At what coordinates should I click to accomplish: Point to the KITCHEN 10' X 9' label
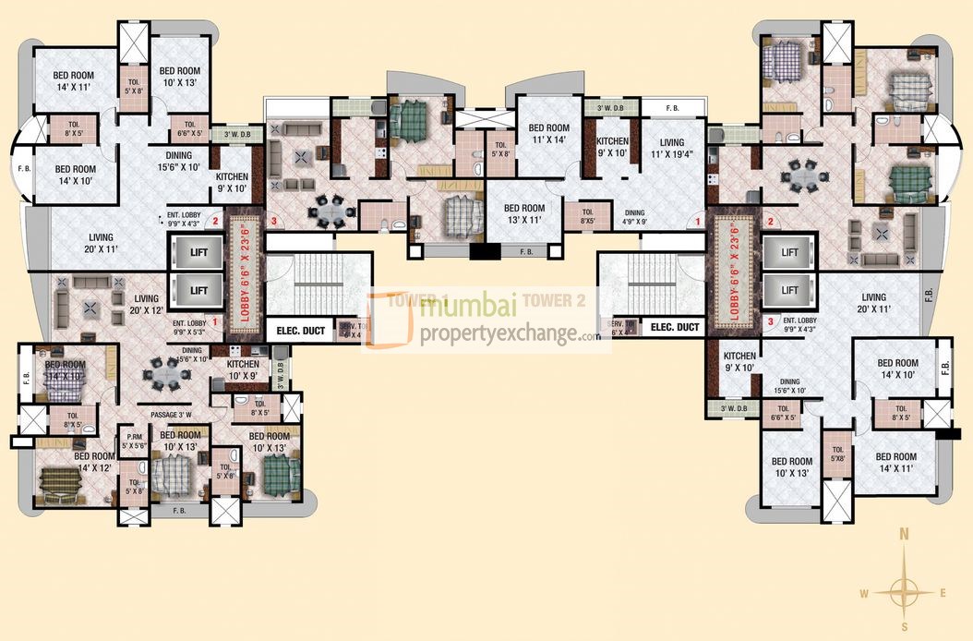pyautogui.click(x=242, y=369)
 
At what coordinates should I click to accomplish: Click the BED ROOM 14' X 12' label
pyautogui.click(x=94, y=462)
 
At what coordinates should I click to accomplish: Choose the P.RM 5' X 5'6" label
pyautogui.click(x=135, y=441)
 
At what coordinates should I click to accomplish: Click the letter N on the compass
pyautogui.click(x=905, y=534)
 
